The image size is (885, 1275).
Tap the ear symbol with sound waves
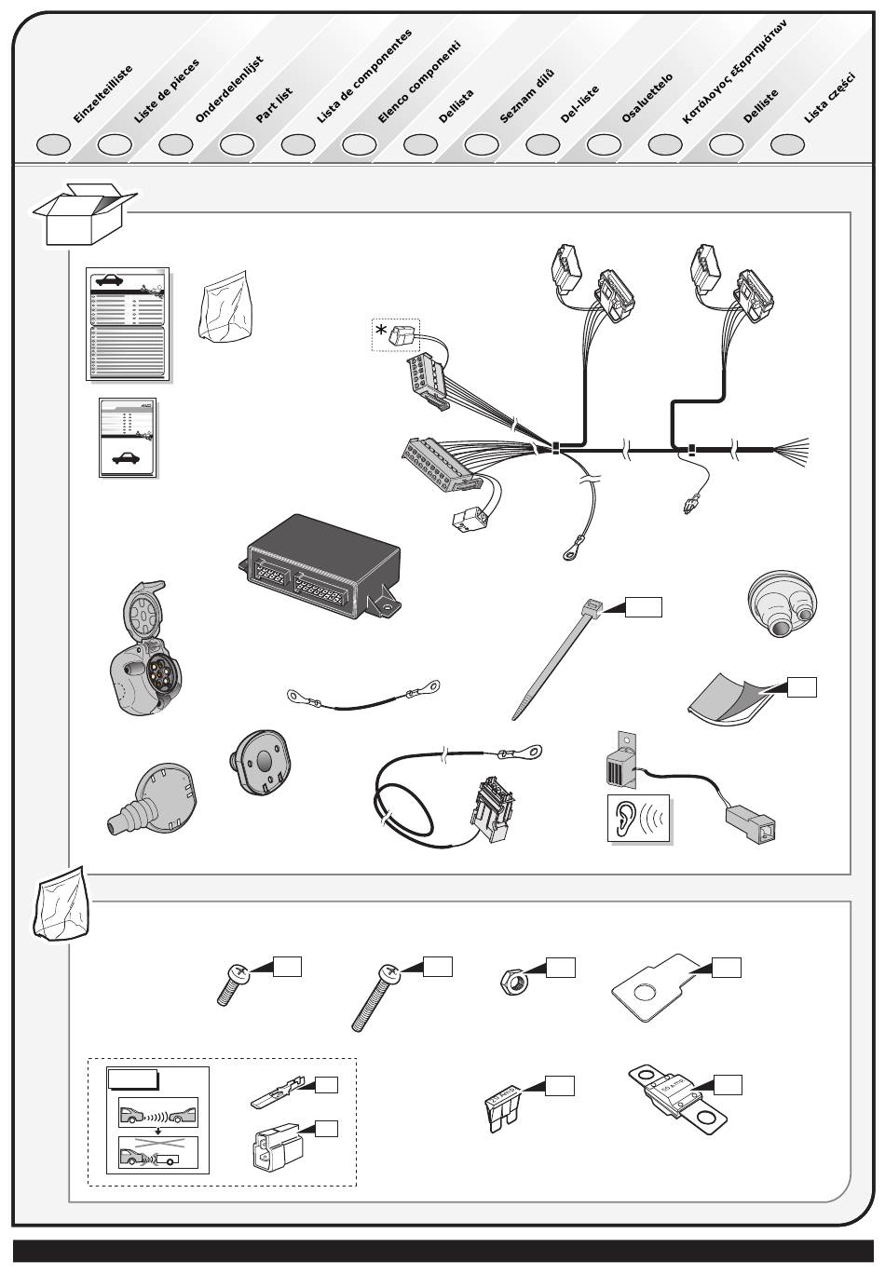click(639, 819)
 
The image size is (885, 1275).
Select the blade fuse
click(504, 1108)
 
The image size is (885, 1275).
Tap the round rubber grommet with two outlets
click(782, 603)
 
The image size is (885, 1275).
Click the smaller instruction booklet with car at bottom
click(128, 438)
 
